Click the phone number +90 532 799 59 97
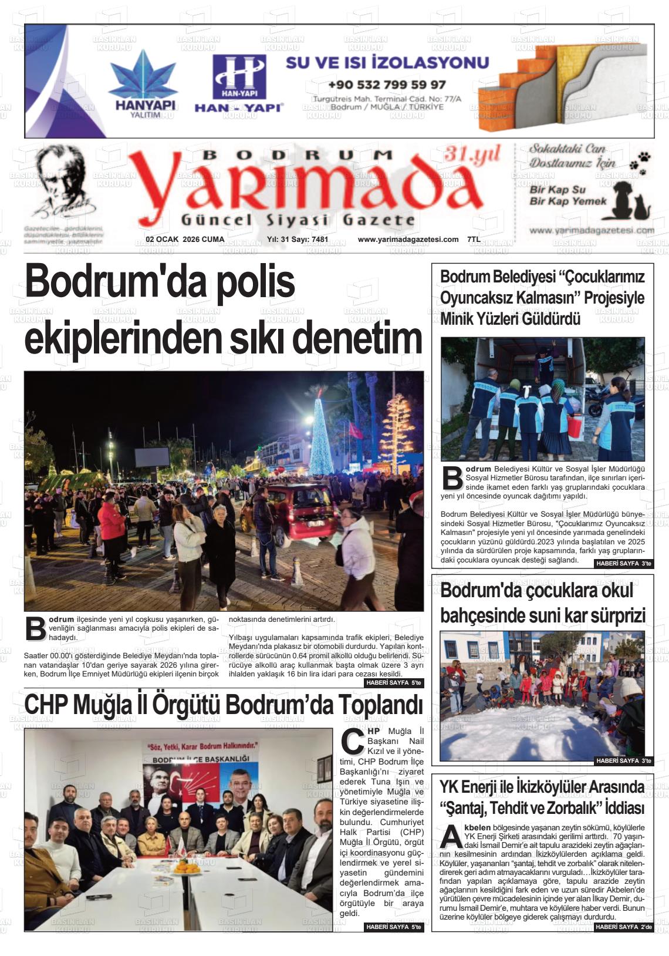coord(387,85)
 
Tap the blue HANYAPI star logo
coord(143,76)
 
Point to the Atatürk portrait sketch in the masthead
coord(64,182)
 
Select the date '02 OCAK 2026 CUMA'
coord(185,240)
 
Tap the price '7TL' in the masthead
coord(474,240)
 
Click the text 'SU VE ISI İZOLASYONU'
coord(387,62)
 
